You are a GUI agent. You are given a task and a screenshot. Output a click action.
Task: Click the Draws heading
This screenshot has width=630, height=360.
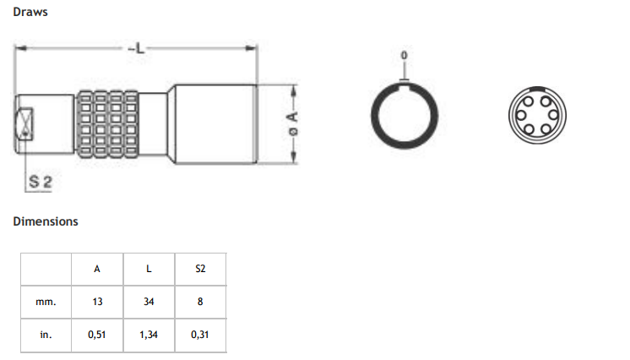[30, 12]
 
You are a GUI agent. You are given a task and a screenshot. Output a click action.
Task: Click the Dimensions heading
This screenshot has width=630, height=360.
[46, 221]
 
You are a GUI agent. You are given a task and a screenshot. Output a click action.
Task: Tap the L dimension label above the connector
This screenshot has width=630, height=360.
[137, 48]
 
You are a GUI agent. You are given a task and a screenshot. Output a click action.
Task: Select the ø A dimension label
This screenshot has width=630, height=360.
[293, 124]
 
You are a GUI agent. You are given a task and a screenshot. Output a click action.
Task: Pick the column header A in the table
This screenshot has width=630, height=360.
[97, 269]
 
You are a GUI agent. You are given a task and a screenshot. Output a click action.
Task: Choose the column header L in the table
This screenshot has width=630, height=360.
[149, 269]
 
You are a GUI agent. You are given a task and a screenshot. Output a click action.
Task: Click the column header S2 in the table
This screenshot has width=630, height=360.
[200, 269]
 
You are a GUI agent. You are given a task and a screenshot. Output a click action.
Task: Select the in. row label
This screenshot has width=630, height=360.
[46, 335]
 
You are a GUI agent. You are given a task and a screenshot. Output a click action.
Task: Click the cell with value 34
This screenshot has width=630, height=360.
[149, 302]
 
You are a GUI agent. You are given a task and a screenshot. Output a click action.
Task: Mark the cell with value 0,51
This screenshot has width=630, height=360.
[97, 335]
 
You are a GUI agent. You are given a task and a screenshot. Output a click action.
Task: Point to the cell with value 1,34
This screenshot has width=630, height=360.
[149, 335]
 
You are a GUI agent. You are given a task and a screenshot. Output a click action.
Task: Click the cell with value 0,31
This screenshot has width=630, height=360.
[200, 335]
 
